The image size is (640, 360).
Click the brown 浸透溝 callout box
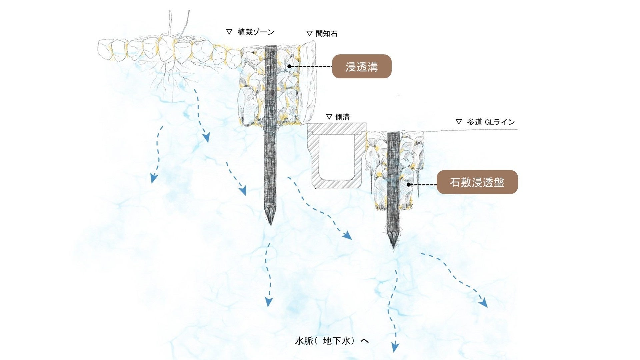(362, 66)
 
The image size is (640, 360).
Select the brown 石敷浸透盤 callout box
(477, 182)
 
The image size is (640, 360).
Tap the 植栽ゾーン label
(256, 32)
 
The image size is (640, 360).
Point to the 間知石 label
(326, 34)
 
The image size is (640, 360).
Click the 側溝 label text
(342, 117)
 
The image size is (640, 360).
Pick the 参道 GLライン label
(491, 122)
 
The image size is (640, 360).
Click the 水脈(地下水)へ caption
(332, 341)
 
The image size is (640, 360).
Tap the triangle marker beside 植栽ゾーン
(229, 32)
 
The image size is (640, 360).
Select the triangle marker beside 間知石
(309, 33)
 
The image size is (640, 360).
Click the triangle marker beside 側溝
(329, 117)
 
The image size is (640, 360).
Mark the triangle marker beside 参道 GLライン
(459, 122)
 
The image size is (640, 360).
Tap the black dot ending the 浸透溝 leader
(289, 66)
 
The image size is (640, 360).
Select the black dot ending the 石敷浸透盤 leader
(409, 184)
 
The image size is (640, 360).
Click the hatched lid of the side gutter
(337, 128)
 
